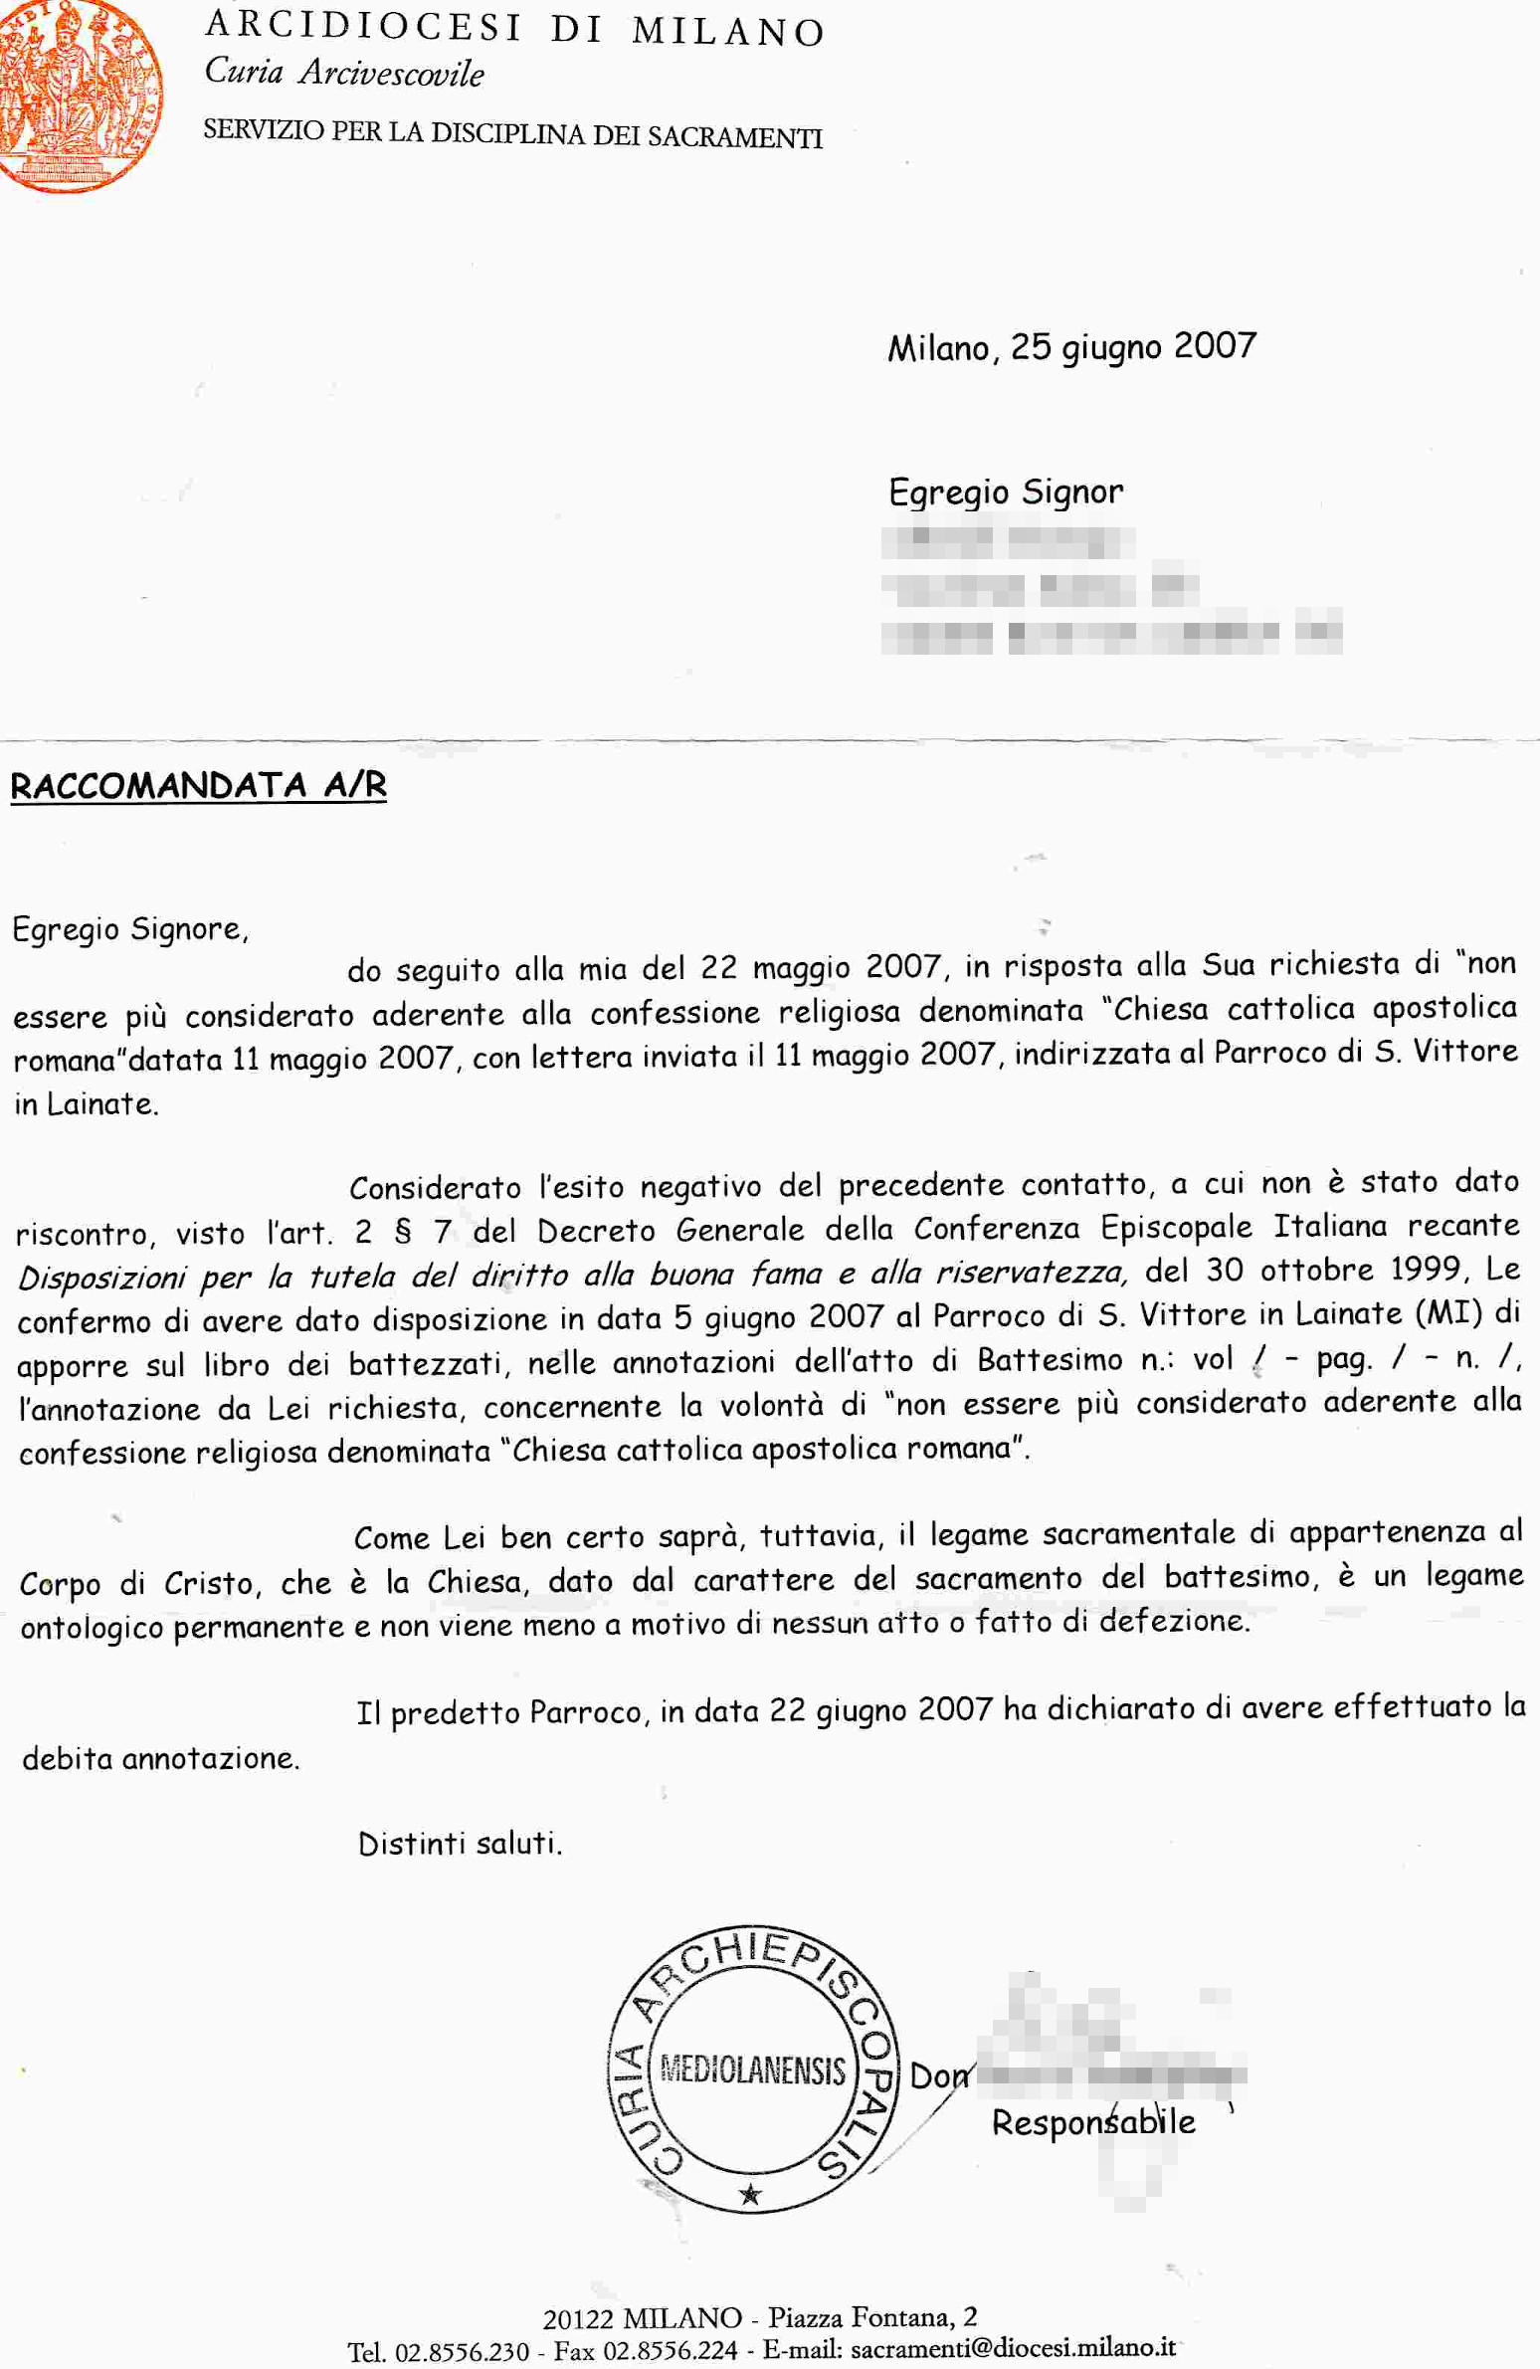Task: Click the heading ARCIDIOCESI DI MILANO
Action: pos(514,29)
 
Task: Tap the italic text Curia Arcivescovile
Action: pos(344,73)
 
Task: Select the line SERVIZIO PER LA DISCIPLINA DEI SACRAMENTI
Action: pos(512,133)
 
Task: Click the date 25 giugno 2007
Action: pos(1133,346)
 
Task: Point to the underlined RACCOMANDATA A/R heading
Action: pos(198,785)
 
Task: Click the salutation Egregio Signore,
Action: pos(129,928)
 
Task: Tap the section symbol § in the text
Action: pos(402,1233)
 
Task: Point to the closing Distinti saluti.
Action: pos(460,1845)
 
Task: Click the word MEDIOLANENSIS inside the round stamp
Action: pos(752,2071)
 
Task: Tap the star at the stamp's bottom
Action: pos(750,2194)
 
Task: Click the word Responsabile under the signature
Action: pos(1093,2121)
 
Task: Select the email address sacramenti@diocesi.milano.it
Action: pos(1014,2347)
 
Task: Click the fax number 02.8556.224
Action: pos(671,2350)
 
